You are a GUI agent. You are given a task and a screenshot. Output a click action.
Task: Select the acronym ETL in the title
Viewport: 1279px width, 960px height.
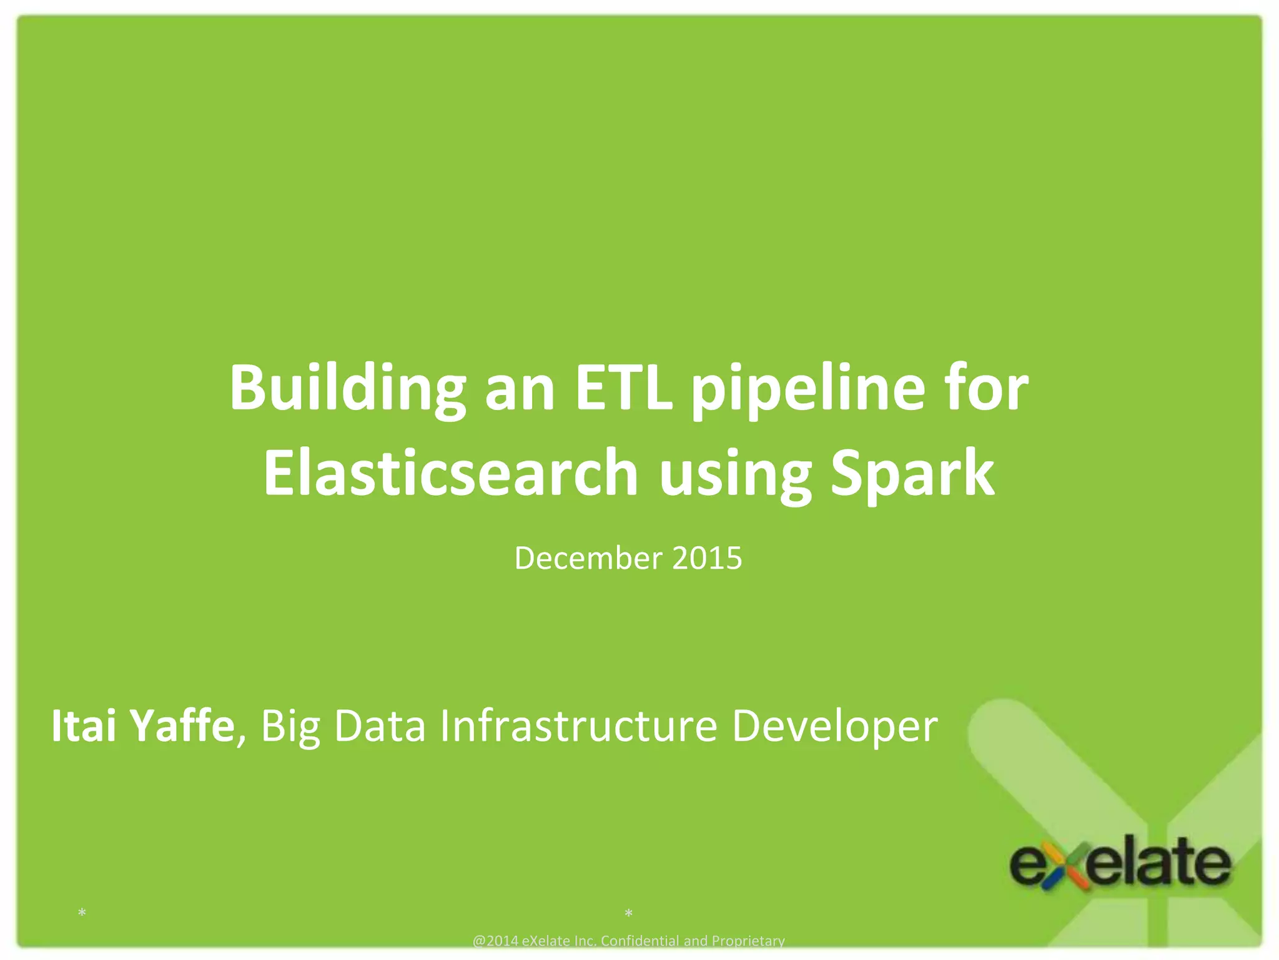[623, 389]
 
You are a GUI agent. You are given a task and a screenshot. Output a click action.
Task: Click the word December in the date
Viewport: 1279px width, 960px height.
[588, 558]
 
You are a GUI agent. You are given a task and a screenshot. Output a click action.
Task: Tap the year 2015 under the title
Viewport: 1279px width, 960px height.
[707, 558]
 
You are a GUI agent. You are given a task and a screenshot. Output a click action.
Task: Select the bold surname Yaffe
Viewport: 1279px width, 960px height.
[181, 726]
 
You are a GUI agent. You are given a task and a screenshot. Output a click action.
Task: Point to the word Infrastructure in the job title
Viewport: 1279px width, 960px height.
[578, 726]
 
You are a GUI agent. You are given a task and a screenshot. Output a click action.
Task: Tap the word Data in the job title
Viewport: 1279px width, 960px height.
[380, 726]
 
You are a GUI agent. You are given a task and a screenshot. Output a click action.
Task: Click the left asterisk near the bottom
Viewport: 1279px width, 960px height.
[82, 914]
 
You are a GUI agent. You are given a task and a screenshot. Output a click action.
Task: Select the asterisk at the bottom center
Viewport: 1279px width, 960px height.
[628, 914]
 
